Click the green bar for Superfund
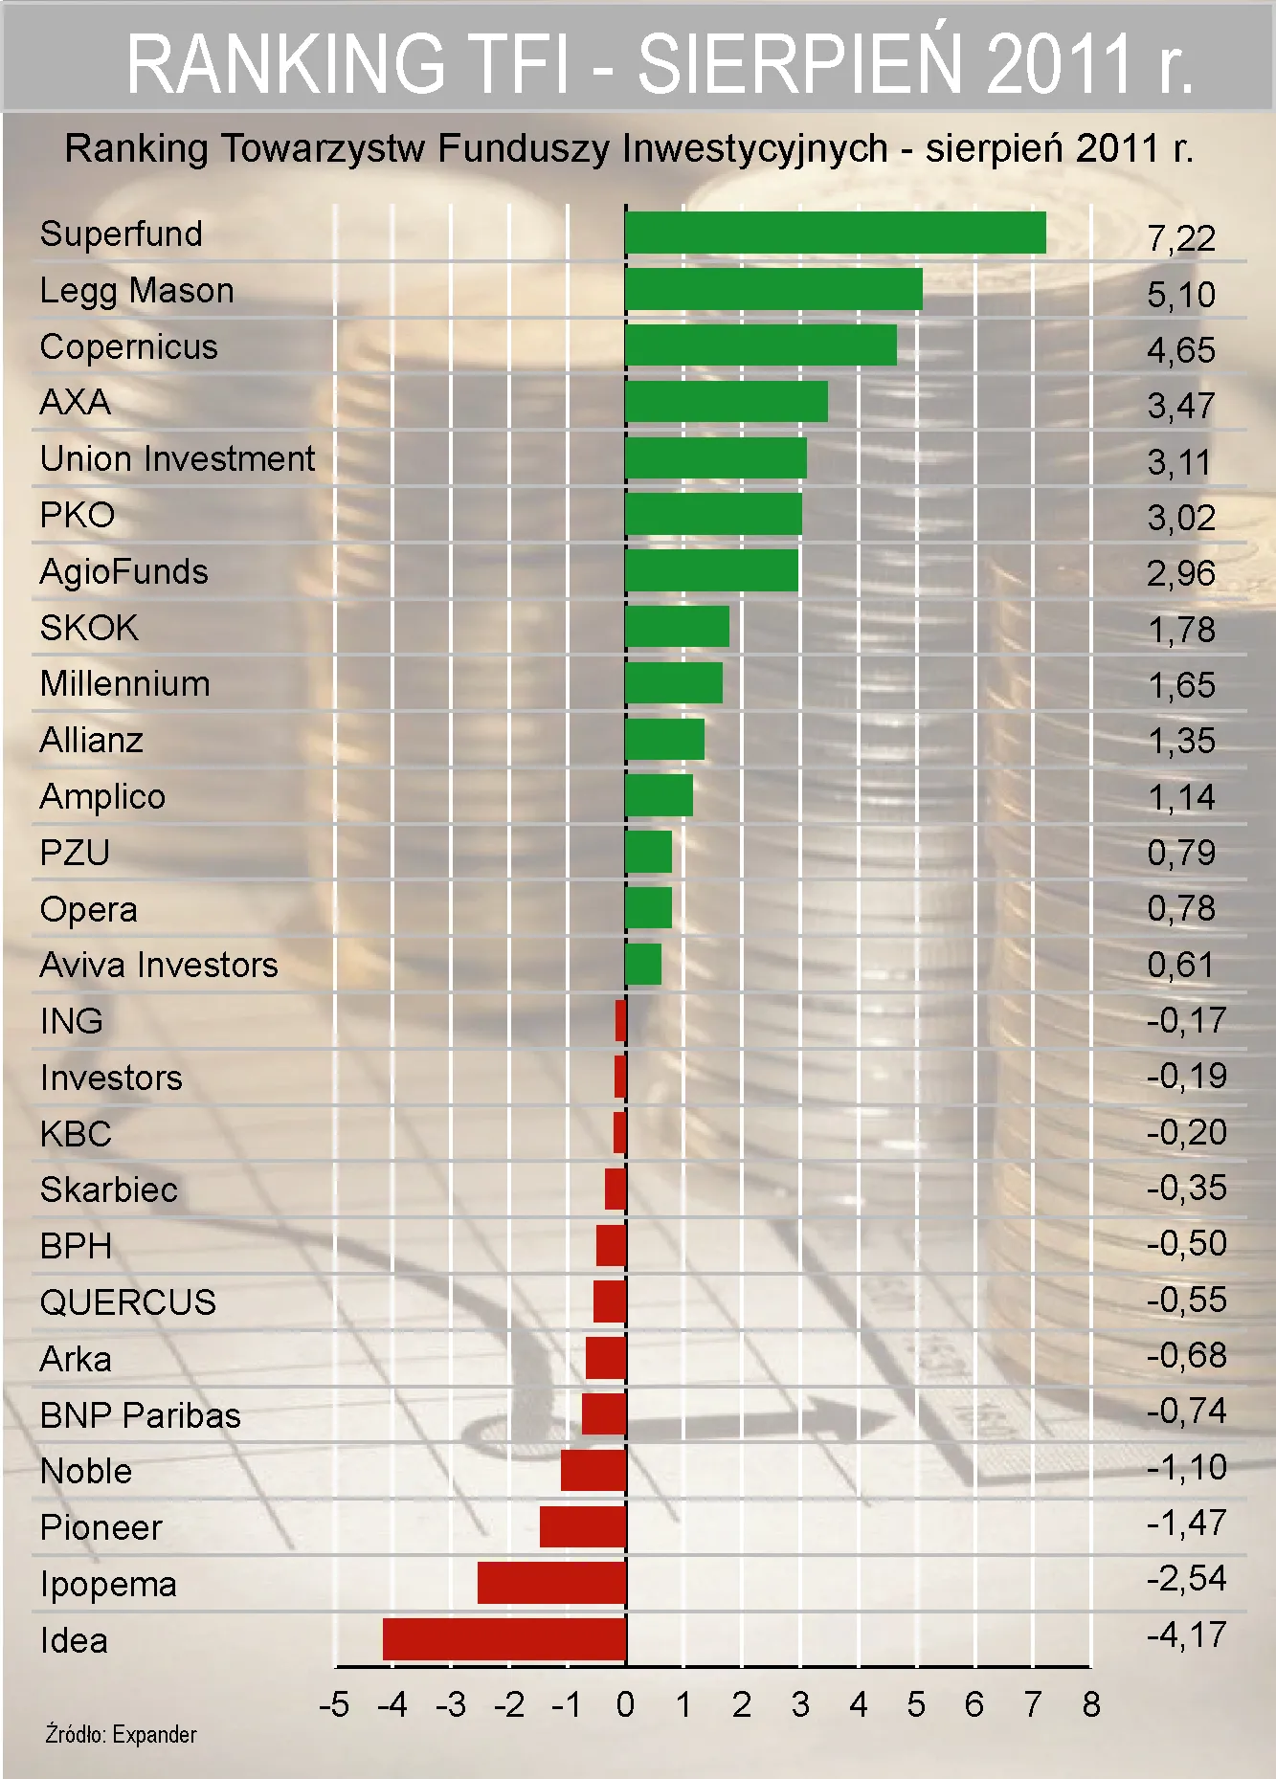coord(835,233)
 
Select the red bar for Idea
coord(504,1639)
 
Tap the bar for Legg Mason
coord(773,290)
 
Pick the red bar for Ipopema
coord(551,1583)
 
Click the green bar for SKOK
coord(677,627)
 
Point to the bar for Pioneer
coord(583,1526)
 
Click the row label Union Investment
coord(177,459)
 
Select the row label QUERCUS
coord(128,1302)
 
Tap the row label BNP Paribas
coord(140,1415)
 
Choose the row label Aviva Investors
coord(159,965)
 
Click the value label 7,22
coord(1181,238)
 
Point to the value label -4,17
coord(1186,1634)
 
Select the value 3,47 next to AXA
coord(1181,407)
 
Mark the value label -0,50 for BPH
coord(1186,1244)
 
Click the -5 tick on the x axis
coord(334,1705)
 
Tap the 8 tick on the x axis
coord(1091,1705)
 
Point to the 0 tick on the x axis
coord(625,1705)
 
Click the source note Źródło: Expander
coord(121,1735)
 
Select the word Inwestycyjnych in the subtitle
coord(754,149)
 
